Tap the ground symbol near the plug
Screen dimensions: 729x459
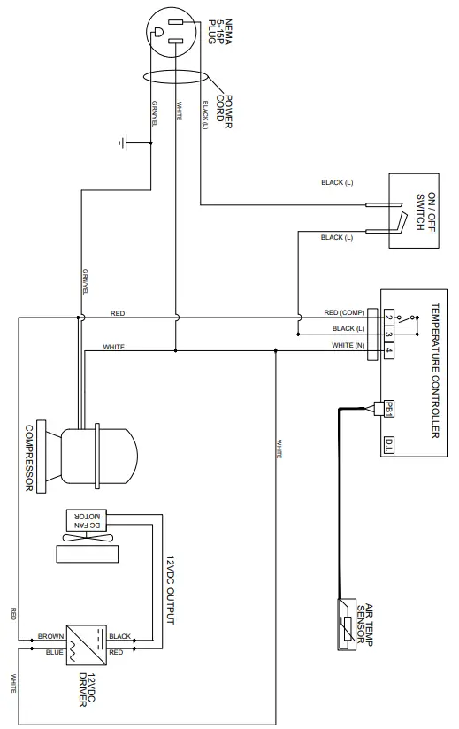pos(125,142)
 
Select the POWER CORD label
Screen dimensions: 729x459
pos(222,112)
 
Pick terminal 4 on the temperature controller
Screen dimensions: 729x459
pos(388,346)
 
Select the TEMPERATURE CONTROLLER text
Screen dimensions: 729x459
pos(434,371)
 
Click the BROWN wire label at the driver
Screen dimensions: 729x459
pos(50,636)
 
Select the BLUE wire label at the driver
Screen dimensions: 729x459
pos(53,653)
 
